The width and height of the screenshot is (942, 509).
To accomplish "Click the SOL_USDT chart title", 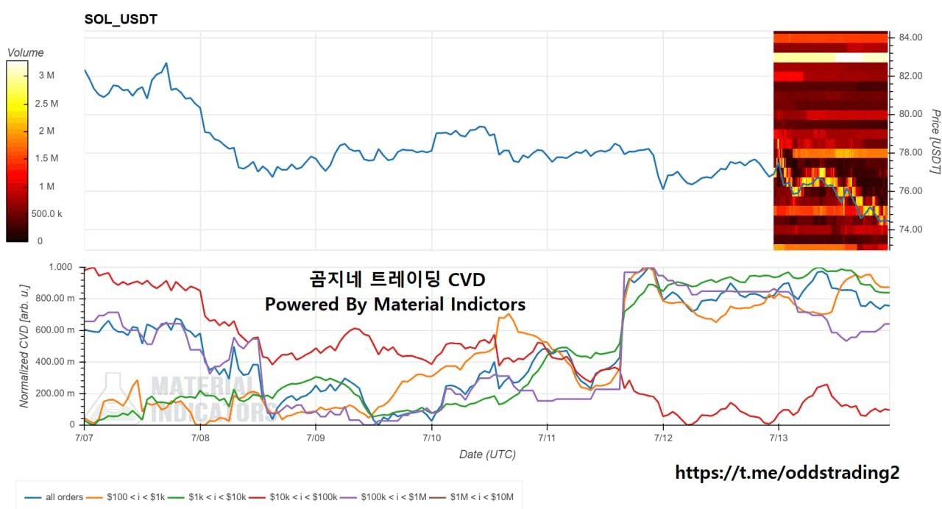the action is pos(121,19).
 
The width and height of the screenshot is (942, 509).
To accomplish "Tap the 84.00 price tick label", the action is pos(910,38).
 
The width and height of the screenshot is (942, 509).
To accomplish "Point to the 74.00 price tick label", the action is pos(910,229).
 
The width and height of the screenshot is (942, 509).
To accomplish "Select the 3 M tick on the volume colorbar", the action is pos(46,75).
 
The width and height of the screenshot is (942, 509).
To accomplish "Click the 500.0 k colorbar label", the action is pos(46,213).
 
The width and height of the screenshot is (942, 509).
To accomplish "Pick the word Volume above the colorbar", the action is pos(26,52).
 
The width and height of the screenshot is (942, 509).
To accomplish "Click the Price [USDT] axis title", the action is pos(935,142).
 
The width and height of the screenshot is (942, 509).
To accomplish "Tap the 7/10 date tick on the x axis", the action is pos(431,438).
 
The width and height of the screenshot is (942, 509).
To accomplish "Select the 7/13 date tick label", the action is pos(779,438).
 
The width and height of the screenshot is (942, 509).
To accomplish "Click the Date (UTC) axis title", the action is pos(487,455).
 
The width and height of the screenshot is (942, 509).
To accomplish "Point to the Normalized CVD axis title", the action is pos(24,346).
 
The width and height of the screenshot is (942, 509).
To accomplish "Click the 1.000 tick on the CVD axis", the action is pos(60,267).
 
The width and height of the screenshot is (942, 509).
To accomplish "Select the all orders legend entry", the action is pos(54,497).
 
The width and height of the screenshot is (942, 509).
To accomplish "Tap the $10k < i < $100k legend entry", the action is pos(293,497).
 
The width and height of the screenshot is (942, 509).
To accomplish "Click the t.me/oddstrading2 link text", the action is pos(787,472).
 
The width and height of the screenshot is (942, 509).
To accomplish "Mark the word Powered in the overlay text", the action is pos(302,305).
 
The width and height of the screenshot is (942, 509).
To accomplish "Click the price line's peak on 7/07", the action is pos(166,63).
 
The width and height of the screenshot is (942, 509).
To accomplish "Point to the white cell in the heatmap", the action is pos(849,57).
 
